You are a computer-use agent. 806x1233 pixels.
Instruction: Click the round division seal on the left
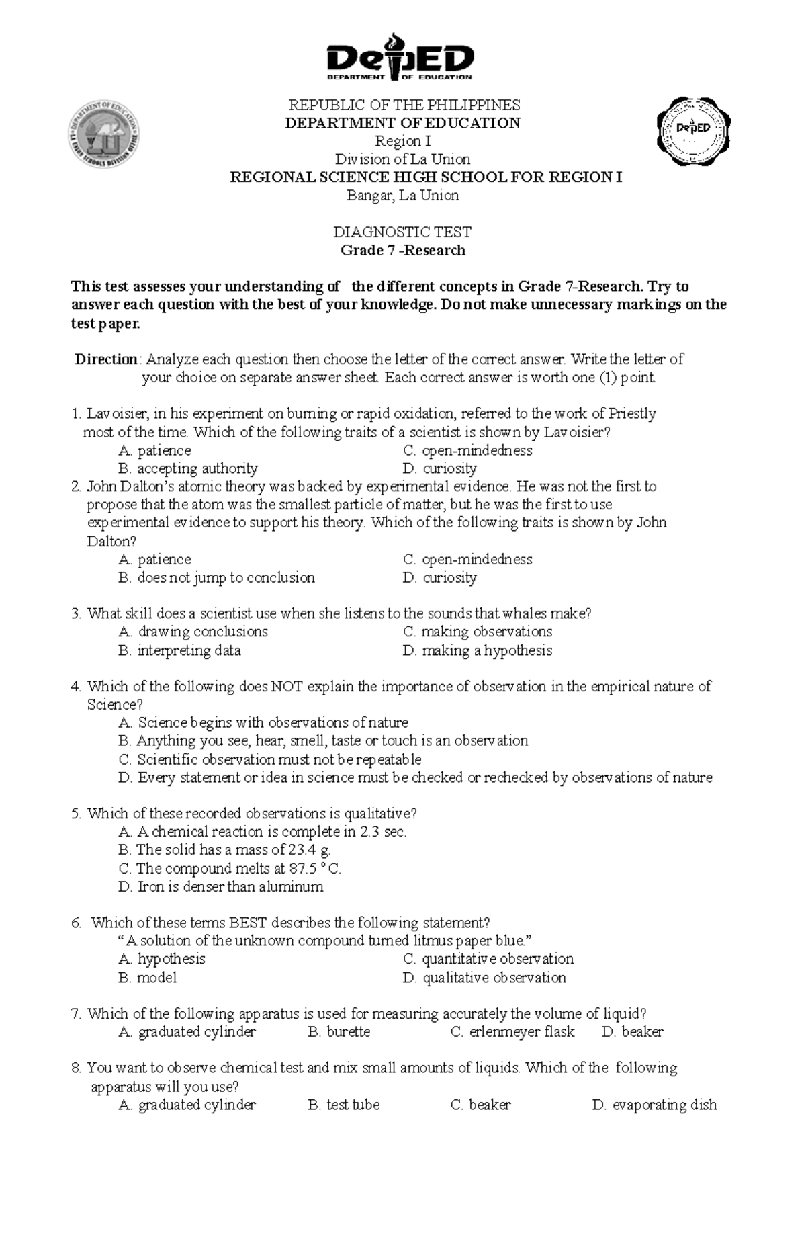104,134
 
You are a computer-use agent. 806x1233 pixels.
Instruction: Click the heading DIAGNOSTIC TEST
402,232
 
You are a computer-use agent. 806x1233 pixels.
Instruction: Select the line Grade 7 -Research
402,250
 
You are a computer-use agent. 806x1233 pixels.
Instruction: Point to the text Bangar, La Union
402,196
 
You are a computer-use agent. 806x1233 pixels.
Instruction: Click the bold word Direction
106,359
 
